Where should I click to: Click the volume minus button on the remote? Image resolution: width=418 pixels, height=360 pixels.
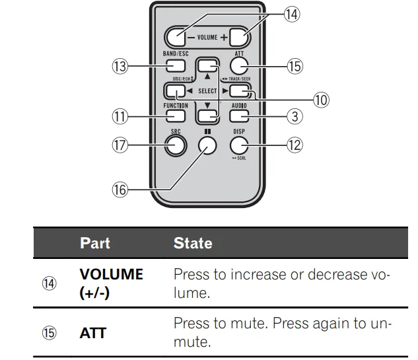[x=175, y=38]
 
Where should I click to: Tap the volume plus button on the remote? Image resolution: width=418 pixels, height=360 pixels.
[x=239, y=38]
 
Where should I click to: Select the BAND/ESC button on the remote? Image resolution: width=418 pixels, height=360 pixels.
[x=176, y=65]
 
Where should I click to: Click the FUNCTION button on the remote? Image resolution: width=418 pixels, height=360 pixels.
[x=176, y=116]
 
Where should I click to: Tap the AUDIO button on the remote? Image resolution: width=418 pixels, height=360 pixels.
[x=239, y=116]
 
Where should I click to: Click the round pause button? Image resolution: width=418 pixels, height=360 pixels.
[x=207, y=145]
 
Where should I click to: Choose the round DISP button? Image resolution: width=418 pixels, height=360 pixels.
[x=239, y=145]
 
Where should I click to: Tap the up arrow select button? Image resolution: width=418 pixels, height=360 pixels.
[x=207, y=65]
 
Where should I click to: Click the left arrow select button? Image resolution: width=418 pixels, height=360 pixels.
[x=176, y=91]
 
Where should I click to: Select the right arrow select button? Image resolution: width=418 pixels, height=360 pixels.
[x=239, y=91]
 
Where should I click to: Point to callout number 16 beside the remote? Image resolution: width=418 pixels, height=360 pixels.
[x=120, y=190]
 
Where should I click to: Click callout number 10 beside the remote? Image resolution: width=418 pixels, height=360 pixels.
[x=321, y=100]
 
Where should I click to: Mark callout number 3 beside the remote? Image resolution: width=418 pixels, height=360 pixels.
[x=295, y=116]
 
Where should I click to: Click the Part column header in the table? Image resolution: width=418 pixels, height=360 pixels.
[x=95, y=243]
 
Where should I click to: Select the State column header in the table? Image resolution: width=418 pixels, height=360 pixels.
[x=193, y=243]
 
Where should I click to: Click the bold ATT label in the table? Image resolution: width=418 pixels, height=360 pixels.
[x=93, y=333]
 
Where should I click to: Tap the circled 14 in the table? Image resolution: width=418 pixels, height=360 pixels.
[x=50, y=283]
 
